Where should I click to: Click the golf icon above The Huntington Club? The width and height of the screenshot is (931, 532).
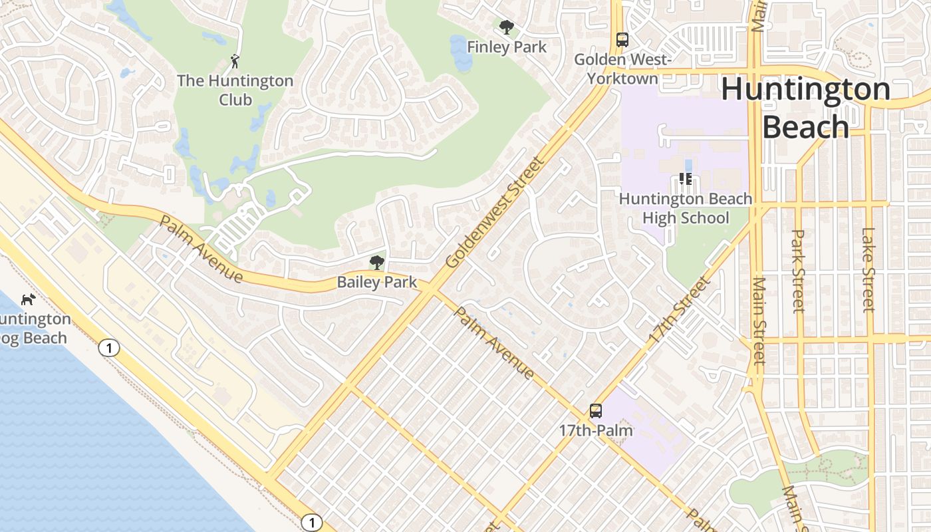click(x=234, y=62)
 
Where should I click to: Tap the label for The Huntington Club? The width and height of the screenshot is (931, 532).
click(x=235, y=90)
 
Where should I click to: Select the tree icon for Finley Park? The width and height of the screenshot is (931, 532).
click(x=507, y=27)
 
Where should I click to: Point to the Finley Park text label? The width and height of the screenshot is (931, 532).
click(x=507, y=47)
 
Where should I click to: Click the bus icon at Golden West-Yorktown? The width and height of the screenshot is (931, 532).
click(x=622, y=40)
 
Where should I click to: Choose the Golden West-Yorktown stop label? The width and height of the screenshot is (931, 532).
click(x=623, y=69)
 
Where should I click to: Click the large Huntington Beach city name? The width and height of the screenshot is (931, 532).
click(x=805, y=108)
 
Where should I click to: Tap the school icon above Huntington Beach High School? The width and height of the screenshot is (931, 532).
click(x=686, y=179)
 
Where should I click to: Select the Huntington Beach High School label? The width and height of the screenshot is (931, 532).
click(x=686, y=208)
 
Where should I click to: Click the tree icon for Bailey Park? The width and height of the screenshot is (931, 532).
click(x=377, y=262)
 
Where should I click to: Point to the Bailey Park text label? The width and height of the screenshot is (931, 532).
click(x=377, y=282)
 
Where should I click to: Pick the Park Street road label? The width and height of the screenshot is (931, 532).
click(x=799, y=271)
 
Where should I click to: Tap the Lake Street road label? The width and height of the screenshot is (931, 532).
click(x=868, y=269)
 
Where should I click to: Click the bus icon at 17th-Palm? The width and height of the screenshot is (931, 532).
click(x=596, y=411)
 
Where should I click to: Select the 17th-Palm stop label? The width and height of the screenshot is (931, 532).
click(x=596, y=430)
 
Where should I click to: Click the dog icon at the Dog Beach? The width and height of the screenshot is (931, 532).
click(x=28, y=299)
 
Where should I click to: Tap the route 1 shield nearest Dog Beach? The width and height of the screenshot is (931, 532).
click(x=110, y=347)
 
